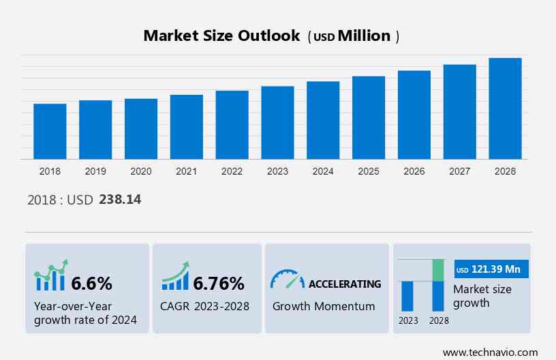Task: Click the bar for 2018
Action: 50,132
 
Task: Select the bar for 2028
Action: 505,109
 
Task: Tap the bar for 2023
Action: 277,123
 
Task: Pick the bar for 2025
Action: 369,118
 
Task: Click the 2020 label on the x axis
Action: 140,171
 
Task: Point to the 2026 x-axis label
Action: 414,171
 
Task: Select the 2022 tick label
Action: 232,171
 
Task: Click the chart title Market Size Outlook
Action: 221,36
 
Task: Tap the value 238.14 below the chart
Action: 120,200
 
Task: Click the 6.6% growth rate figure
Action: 91,283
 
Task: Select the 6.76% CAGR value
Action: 218,283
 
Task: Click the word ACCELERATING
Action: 345,284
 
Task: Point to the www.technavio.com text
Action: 490,352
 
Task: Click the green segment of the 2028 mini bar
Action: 438,270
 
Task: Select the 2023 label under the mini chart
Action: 408,320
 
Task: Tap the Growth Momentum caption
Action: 324,306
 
